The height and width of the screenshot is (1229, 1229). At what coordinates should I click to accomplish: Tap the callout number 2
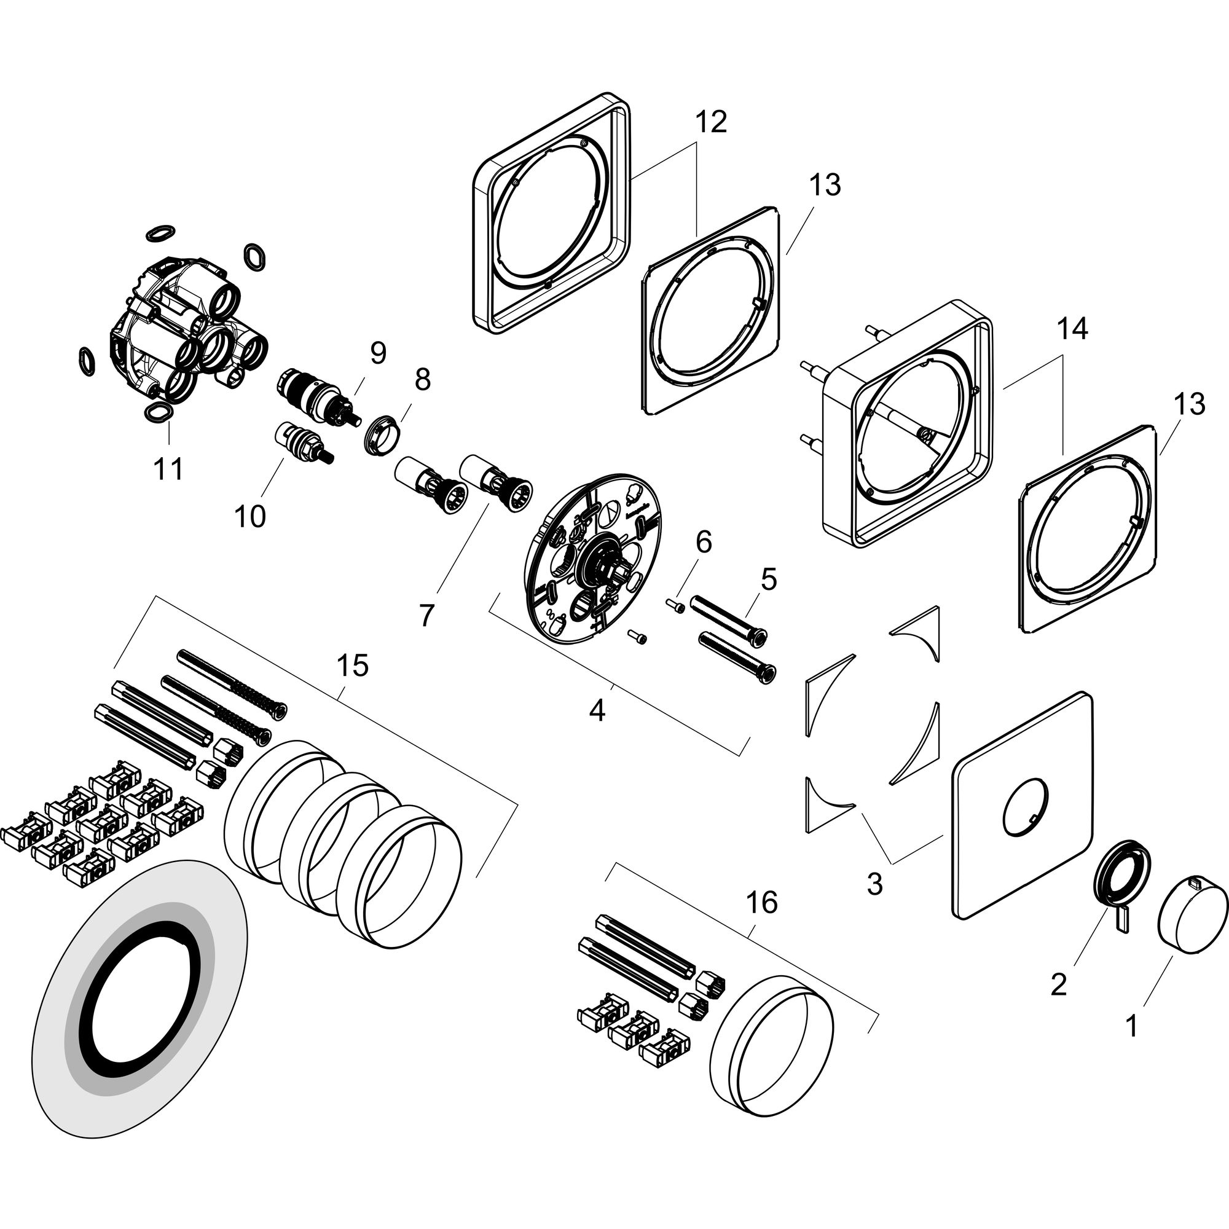pyautogui.click(x=1058, y=986)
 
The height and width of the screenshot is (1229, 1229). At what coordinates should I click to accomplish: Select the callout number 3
pyautogui.click(x=874, y=884)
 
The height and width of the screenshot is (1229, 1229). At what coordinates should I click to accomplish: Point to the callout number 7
pyautogui.click(x=426, y=614)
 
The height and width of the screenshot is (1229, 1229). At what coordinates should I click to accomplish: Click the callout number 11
pyautogui.click(x=168, y=469)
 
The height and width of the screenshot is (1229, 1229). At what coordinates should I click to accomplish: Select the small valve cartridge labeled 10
pyautogui.click(x=304, y=440)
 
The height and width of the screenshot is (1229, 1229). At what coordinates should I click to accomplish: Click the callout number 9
pyautogui.click(x=379, y=354)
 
